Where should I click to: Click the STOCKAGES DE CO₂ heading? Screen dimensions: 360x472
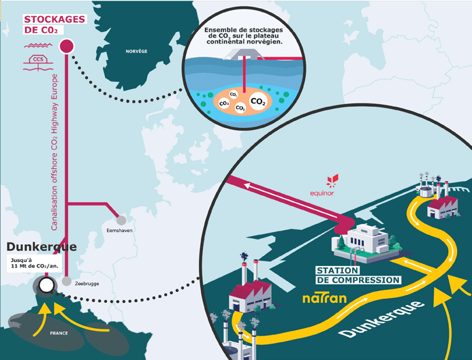pos(54,24)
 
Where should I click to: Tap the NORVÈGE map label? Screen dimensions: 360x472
pos(136,51)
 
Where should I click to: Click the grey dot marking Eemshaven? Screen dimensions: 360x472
pos(121,220)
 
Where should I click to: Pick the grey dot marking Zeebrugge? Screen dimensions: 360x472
pos(67,281)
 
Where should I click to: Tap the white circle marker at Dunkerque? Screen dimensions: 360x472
pos(46,284)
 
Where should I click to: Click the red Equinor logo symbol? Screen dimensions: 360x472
pos(333,181)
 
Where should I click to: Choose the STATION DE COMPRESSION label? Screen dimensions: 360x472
pos(358,275)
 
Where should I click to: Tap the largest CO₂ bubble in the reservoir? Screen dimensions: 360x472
pos(258,102)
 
